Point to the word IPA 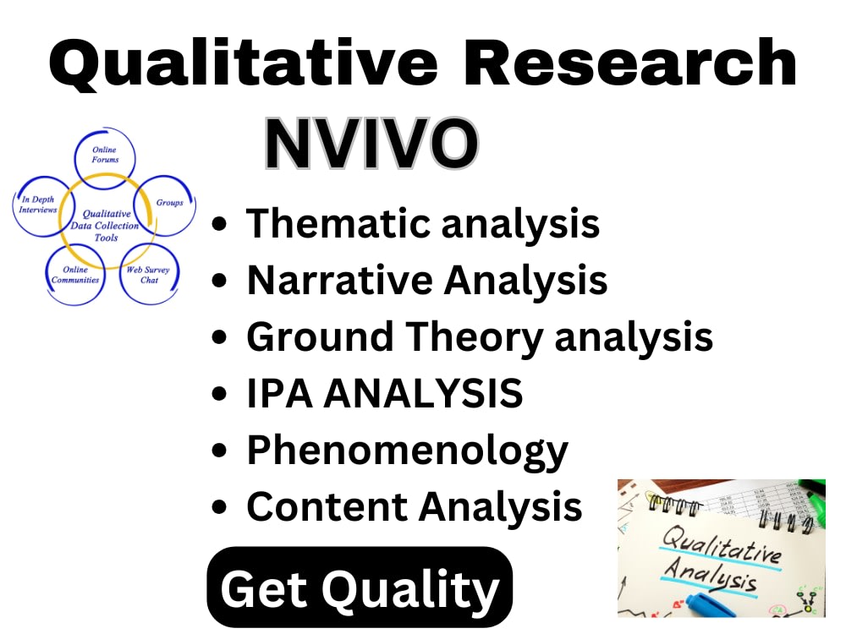click(x=282, y=393)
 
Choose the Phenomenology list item click(x=407, y=451)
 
